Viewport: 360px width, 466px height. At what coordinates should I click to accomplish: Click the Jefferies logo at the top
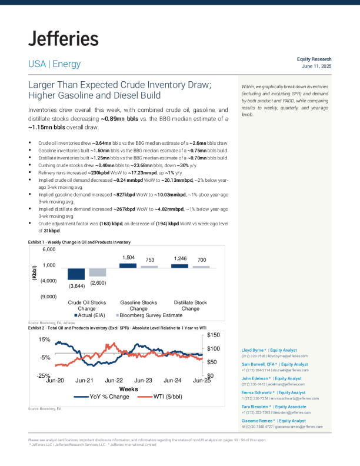(63, 39)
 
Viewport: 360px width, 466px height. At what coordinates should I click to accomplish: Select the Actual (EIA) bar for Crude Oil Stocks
(76, 274)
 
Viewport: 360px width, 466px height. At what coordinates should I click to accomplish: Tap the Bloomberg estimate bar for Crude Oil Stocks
(98, 272)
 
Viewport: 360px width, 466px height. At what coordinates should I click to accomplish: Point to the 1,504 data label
(128, 258)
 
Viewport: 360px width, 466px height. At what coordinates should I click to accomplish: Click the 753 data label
(150, 259)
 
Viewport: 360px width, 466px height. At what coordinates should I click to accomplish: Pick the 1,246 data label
(180, 258)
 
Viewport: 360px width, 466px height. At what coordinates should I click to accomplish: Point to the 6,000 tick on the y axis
(48, 250)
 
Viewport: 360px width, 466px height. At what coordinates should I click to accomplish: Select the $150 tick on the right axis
(214, 335)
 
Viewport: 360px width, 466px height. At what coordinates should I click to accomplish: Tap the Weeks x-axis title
(128, 389)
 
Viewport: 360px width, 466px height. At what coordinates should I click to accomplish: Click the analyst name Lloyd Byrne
(254, 350)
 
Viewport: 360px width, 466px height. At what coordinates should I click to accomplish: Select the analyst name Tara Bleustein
(257, 407)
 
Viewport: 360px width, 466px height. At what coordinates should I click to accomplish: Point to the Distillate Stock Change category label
(190, 305)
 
